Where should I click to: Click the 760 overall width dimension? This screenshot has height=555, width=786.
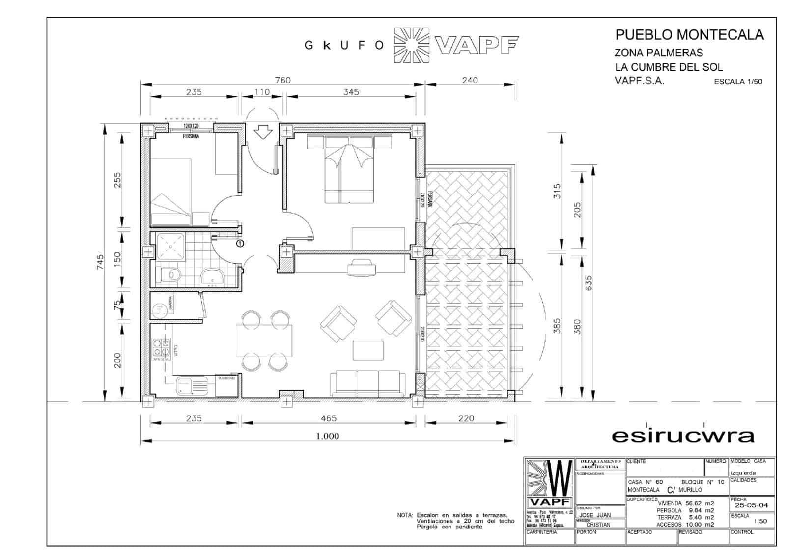click(282, 80)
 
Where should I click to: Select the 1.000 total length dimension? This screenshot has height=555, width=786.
click(328, 436)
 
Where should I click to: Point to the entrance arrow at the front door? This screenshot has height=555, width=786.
click(264, 132)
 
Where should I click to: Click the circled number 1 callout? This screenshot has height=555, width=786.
click(240, 243)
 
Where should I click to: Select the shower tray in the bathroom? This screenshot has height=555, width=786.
click(170, 246)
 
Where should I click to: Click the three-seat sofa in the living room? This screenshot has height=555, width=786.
click(368, 384)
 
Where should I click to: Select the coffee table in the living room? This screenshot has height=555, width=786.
click(368, 350)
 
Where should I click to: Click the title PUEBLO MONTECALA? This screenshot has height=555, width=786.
click(689, 35)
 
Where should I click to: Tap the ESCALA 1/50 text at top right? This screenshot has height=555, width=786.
click(738, 82)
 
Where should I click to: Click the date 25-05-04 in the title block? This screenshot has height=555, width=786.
click(751, 505)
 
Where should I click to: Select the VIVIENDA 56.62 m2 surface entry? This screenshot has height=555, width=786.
click(686, 503)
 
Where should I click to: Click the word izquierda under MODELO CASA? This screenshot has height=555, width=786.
click(743, 473)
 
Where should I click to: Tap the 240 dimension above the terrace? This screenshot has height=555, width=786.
click(470, 80)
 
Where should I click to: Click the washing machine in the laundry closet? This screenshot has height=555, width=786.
click(159, 309)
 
